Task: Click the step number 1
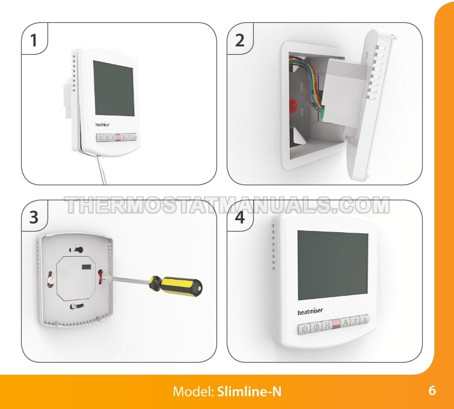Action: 34,40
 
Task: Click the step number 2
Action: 240,40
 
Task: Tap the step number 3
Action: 34,217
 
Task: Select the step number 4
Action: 240,217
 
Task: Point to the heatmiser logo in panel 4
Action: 310,312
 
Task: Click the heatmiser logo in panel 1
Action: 102,125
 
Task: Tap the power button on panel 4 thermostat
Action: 304,329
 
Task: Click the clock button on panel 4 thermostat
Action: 316,327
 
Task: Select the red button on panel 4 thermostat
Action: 337,324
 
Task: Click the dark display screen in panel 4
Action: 333,265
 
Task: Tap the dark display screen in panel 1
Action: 114,88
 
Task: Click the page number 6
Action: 432,390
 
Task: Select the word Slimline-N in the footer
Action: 250,392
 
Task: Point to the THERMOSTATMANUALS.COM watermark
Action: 227,204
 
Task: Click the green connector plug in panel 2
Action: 322,112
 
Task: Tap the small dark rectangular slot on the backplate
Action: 87,268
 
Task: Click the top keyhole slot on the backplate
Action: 76,250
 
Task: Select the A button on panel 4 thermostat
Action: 346,322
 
